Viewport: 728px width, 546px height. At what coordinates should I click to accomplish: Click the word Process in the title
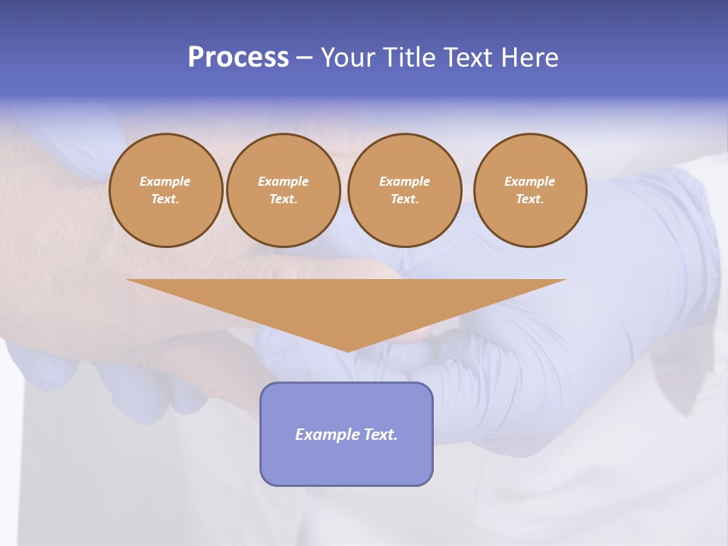[x=238, y=58]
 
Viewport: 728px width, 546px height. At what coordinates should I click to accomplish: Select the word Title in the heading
[x=409, y=58]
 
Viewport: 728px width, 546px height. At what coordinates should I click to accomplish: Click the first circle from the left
[x=165, y=190]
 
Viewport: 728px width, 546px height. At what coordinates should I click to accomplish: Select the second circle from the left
[x=284, y=190]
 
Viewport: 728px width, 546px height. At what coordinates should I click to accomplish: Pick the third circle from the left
[x=405, y=190]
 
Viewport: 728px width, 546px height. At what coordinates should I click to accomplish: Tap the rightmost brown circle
[x=530, y=190]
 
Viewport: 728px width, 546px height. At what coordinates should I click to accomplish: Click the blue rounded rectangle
[x=347, y=434]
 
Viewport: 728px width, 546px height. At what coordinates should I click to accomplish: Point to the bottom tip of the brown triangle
[x=347, y=351]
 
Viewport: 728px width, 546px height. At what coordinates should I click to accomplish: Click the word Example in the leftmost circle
[x=165, y=182]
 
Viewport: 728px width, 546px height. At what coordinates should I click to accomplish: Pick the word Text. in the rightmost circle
[x=530, y=199]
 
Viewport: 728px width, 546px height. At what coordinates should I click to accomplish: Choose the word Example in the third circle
[x=405, y=182]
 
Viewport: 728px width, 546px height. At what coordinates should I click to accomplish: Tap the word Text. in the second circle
[x=284, y=199]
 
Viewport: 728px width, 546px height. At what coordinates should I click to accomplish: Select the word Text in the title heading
[x=466, y=58]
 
